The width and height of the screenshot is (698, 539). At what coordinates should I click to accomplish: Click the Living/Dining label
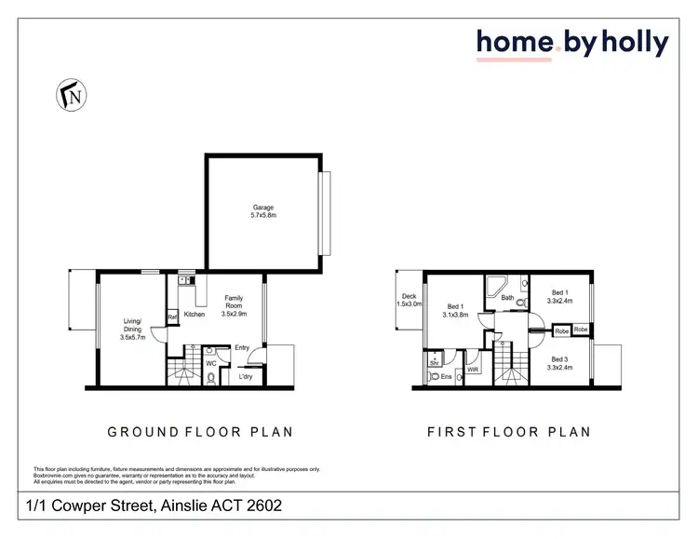pos(134,327)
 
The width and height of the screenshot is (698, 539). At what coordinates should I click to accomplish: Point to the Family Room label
pos(233,303)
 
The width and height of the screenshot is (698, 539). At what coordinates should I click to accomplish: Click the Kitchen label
pos(194,315)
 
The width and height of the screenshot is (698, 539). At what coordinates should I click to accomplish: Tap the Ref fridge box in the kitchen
pos(172,317)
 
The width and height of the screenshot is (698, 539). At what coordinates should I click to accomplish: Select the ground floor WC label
pos(211,363)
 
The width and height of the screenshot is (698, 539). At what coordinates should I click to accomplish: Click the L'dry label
pos(246,376)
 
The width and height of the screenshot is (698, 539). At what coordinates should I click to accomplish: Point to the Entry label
pos(243,347)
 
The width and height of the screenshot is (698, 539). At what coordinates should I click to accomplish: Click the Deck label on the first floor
pos(409,296)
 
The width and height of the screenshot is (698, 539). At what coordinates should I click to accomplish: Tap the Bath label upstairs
pos(507,298)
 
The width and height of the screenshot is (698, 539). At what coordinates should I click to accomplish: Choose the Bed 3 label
pos(559,359)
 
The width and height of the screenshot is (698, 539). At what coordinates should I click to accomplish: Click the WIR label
pos(473,370)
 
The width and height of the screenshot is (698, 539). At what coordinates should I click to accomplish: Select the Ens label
pos(446,377)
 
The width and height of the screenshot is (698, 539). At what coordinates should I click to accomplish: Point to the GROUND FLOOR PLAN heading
pos(200,432)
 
